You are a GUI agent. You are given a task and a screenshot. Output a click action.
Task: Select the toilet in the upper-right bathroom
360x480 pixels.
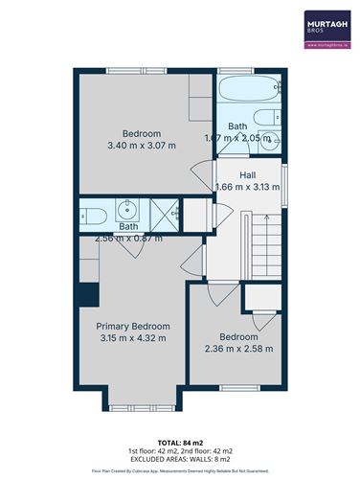click(x=272, y=140)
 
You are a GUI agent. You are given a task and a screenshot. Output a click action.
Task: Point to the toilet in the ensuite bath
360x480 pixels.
click(x=92, y=213)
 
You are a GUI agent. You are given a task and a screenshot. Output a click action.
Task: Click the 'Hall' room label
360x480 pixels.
click(x=247, y=174)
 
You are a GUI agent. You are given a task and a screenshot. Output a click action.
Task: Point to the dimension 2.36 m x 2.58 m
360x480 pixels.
click(x=239, y=349)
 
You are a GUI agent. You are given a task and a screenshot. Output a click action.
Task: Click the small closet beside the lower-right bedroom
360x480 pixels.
click(x=259, y=296)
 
